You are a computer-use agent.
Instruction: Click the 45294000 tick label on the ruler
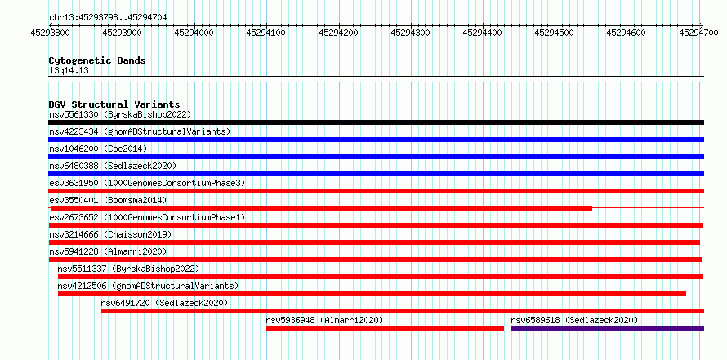tap(194, 33)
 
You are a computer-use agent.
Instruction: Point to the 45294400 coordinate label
tap(482, 33)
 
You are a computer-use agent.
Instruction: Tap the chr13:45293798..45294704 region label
tap(108, 18)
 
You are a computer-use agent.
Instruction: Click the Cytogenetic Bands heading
tap(97, 60)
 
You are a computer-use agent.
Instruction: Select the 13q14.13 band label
tap(69, 71)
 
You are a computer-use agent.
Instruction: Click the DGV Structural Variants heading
tap(114, 104)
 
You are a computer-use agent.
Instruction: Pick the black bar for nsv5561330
tap(376, 122)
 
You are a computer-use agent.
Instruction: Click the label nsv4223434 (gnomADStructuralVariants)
tap(140, 131)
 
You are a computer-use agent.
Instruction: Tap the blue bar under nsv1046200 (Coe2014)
tap(376, 157)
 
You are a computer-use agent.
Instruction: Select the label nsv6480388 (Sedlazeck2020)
tap(113, 166)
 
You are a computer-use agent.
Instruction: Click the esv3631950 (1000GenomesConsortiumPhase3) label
tap(147, 183)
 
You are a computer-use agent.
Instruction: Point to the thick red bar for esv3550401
tap(322, 208)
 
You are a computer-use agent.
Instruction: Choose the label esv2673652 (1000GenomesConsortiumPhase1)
tap(147, 217)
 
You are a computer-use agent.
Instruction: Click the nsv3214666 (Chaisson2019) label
tap(110, 234)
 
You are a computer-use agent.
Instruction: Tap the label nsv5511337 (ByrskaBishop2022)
tap(128, 269)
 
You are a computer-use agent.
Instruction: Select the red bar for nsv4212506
tap(372, 294)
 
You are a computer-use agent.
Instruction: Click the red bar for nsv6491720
tap(403, 311)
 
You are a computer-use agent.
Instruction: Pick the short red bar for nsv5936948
tap(385, 328)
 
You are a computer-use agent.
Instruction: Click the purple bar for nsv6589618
tap(608, 328)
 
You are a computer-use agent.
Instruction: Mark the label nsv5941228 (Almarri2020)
tap(108, 251)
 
